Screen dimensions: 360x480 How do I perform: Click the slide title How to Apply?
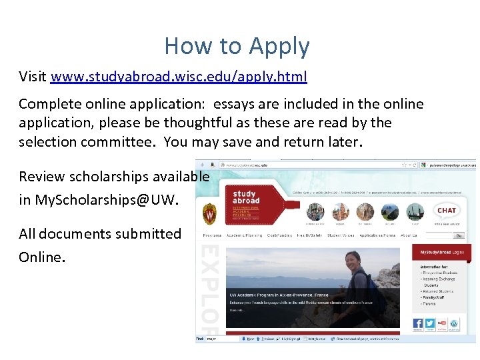237,46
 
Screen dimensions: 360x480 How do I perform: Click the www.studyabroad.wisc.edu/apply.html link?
179,77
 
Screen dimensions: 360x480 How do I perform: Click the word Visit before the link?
33,77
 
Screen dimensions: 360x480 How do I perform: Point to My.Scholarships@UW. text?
107,199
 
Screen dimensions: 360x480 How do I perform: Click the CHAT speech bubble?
446,211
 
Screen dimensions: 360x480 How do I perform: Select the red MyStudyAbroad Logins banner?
441,253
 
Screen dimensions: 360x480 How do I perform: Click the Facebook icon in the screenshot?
418,323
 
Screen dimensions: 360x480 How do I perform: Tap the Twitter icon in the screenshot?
430,323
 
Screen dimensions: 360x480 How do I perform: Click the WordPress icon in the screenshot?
454,323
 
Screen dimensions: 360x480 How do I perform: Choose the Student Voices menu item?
340,235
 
